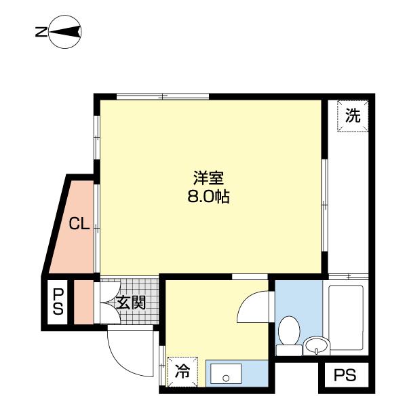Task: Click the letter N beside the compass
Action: [x=41, y=32]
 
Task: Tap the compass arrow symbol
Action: [x=65, y=32]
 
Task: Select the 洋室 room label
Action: [x=208, y=178]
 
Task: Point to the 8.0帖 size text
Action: [x=208, y=197]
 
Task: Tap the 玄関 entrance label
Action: [x=130, y=303]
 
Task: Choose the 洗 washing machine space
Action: [x=353, y=116]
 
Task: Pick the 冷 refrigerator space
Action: [x=182, y=372]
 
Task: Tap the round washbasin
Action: [x=317, y=346]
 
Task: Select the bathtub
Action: [x=346, y=317]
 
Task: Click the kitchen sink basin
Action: [x=226, y=374]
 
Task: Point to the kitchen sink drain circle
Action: [x=226, y=379]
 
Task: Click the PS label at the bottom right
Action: [x=345, y=375]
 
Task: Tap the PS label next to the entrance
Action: [x=58, y=302]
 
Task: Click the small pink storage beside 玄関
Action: [x=83, y=302]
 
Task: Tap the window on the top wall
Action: [x=163, y=96]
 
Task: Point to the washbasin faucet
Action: [x=316, y=351]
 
